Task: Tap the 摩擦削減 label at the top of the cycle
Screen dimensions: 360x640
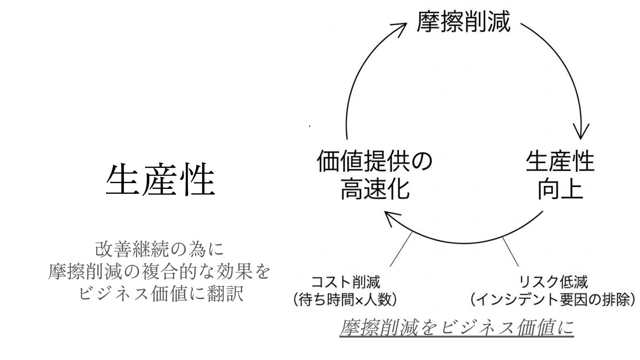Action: pyautogui.click(x=463, y=21)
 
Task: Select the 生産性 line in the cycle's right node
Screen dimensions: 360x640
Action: pyautogui.click(x=560, y=162)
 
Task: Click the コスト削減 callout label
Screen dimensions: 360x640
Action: pyautogui.click(x=346, y=282)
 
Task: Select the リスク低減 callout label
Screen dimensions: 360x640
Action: pyautogui.click(x=553, y=282)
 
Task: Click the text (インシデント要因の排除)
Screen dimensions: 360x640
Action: pyautogui.click(x=553, y=300)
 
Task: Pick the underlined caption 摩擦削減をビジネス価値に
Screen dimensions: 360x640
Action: pyautogui.click(x=457, y=328)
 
